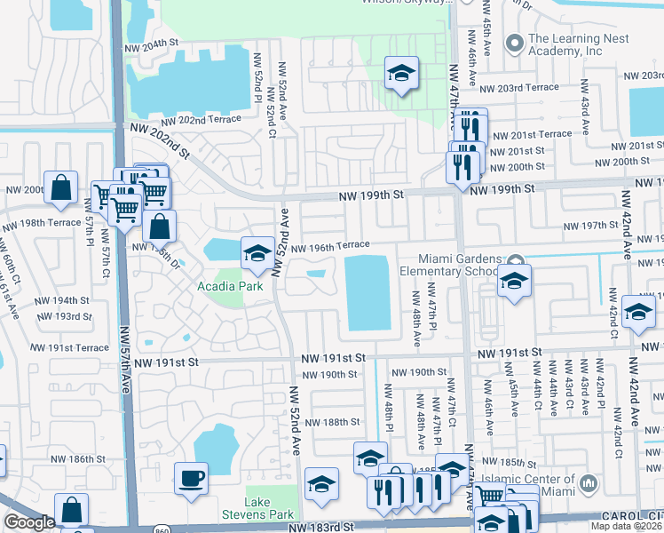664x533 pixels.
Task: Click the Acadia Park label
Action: pos(230,286)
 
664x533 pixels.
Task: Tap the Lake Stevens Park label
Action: pos(269,508)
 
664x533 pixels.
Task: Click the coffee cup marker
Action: pos(192,480)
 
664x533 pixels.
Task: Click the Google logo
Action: pos(29,522)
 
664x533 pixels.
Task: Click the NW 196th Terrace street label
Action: pos(329,246)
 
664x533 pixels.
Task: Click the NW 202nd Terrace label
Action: pos(201,119)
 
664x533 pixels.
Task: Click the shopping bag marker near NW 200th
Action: pos(60,187)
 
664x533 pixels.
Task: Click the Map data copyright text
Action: pos(626,526)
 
